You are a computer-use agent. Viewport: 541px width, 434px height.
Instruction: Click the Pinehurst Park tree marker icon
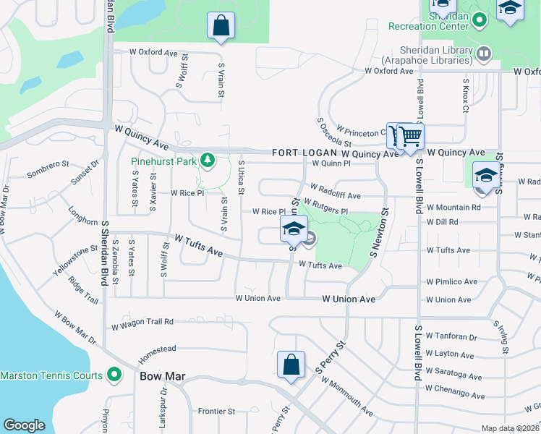click(208, 159)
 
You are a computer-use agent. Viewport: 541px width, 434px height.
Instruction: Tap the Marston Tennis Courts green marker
click(114, 375)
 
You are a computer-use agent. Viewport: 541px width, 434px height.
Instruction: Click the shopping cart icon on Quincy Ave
click(410, 136)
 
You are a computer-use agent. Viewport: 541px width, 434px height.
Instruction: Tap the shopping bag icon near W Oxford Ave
click(221, 25)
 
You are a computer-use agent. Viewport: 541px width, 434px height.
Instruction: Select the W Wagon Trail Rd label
click(142, 322)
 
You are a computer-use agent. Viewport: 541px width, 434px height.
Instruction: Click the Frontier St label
click(217, 411)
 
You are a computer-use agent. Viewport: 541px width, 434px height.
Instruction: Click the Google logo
click(24, 425)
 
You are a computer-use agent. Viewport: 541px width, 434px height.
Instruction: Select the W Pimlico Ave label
click(452, 281)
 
